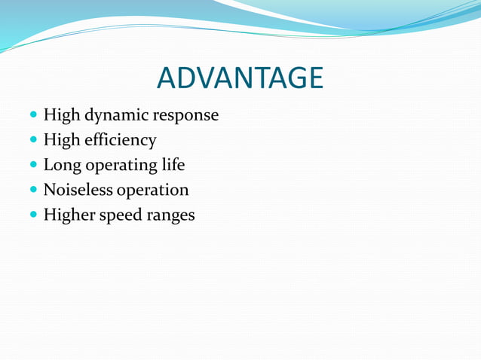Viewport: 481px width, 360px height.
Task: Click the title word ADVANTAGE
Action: pyautogui.click(x=240, y=78)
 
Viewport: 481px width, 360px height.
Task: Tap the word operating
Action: pyautogui.click(x=121, y=166)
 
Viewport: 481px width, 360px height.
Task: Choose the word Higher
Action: pyautogui.click(x=69, y=215)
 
